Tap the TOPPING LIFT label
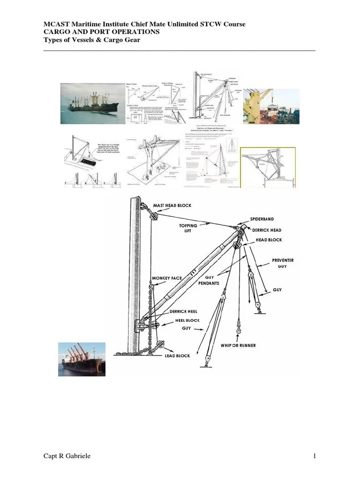[x=188, y=228]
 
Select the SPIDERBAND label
[x=262, y=219]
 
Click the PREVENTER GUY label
[x=283, y=263]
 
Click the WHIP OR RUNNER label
[x=238, y=345]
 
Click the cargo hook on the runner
[x=239, y=332]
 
